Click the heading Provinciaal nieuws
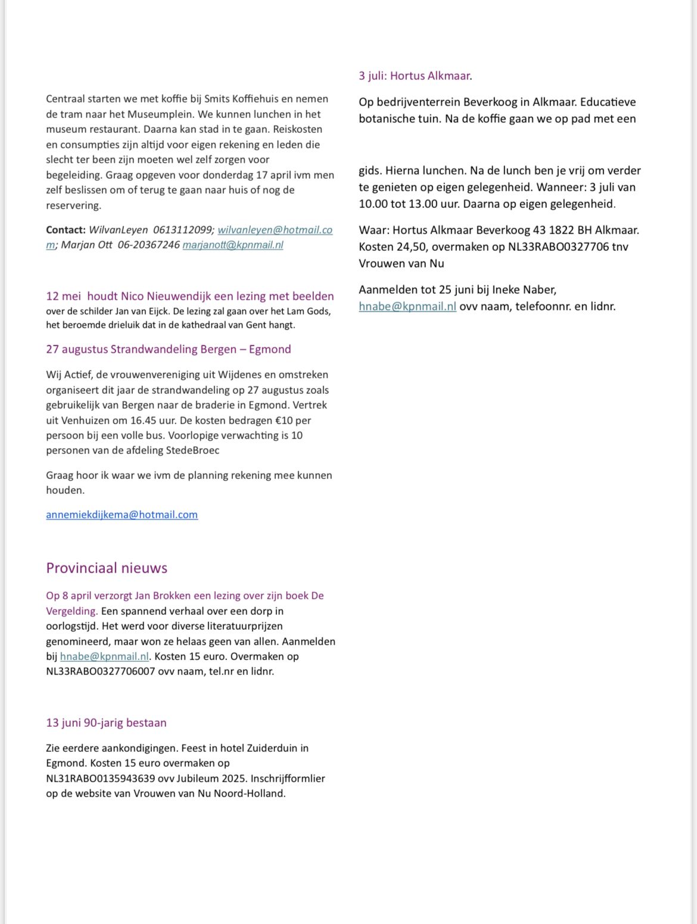click(107, 568)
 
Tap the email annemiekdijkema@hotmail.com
click(122, 515)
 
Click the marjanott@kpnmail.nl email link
click(233, 245)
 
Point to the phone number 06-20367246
click(148, 245)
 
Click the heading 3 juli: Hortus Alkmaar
click(415, 76)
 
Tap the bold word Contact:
click(66, 230)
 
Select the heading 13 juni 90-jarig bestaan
click(106, 723)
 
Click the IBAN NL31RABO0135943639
click(101, 778)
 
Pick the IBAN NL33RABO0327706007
click(101, 671)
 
